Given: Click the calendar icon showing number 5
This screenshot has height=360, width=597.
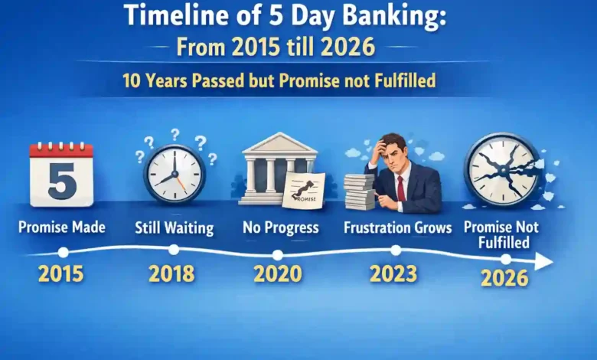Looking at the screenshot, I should pos(61,174).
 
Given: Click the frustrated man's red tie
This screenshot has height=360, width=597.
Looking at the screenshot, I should pos(401,187).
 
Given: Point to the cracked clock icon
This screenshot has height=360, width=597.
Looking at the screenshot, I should pos(503,170).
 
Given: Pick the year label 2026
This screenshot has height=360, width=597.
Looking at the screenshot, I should pos(504,277).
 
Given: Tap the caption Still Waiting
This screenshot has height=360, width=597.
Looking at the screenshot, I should pos(175,227).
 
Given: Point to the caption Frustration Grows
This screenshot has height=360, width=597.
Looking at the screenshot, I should pos(397,227).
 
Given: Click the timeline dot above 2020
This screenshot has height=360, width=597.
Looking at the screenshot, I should pos(277,255).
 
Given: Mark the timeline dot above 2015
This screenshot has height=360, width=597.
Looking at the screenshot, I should pos(63,251).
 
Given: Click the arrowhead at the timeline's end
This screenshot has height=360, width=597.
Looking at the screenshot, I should pos(544,262).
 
